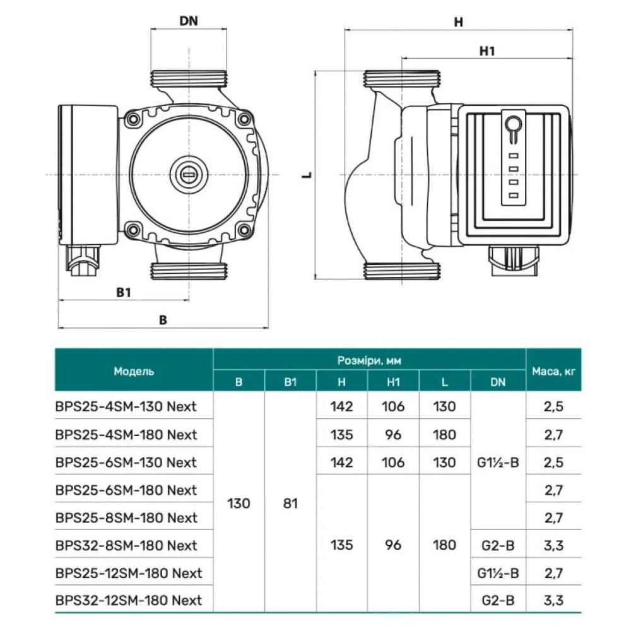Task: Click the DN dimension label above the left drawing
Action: pyautogui.click(x=188, y=21)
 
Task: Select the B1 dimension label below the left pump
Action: pyautogui.click(x=124, y=293)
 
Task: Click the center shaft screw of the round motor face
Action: pyautogui.click(x=188, y=172)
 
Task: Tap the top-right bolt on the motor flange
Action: pyautogui.click(x=243, y=119)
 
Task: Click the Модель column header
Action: pyautogui.click(x=134, y=371)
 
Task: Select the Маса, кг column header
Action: pyautogui.click(x=553, y=371)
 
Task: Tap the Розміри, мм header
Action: pyautogui.click(x=369, y=360)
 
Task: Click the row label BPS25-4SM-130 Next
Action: pyautogui.click(x=126, y=406)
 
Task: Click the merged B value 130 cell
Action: pyautogui.click(x=239, y=504)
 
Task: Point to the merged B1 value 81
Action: pyautogui.click(x=290, y=504)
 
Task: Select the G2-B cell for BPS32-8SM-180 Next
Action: pyautogui.click(x=498, y=545)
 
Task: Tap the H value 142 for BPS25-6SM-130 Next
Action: pyautogui.click(x=341, y=462)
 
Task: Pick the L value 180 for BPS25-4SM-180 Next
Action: pyautogui.click(x=445, y=434)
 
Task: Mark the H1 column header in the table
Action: pyautogui.click(x=393, y=382)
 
